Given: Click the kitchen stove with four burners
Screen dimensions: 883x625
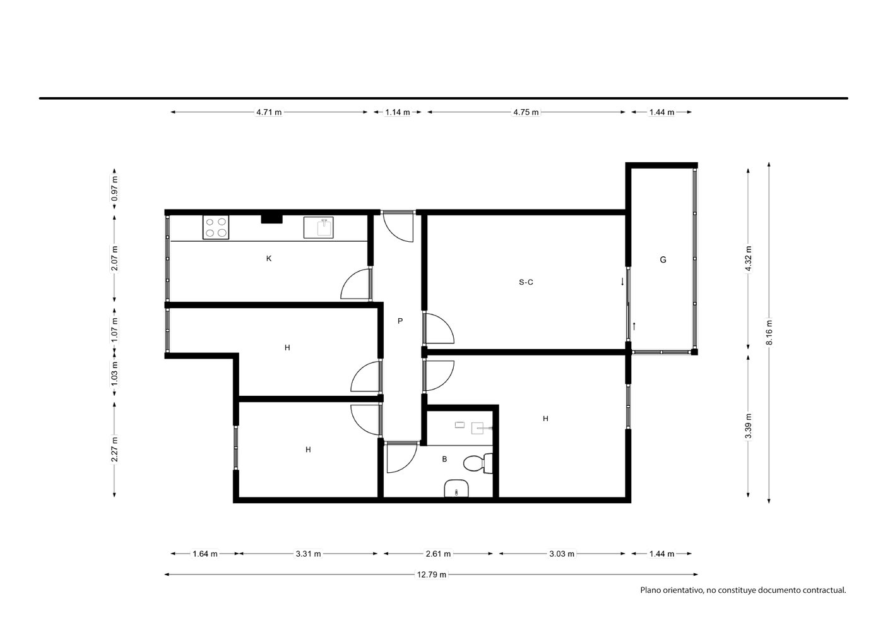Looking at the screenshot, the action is [x=216, y=227].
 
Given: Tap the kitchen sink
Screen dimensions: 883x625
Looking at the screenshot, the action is [x=319, y=227].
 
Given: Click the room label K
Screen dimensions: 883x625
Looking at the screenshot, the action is [x=269, y=259].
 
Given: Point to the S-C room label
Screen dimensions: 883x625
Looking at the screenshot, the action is [x=526, y=282].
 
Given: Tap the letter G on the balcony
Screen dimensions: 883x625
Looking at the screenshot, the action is [x=663, y=260].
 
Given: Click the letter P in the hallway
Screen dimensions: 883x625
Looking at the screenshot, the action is [x=400, y=321].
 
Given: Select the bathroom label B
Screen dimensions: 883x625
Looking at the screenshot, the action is [x=444, y=459].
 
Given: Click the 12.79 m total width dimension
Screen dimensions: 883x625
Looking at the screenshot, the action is [x=432, y=574].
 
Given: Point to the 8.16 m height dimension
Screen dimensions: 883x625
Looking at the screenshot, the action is [x=769, y=333].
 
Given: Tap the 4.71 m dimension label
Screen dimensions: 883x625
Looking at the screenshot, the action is [x=269, y=112].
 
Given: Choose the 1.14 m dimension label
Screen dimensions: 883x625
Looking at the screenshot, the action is [x=398, y=112].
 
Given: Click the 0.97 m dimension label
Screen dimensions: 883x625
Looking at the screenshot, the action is [x=114, y=188].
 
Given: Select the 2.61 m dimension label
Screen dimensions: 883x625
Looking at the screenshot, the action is [x=438, y=554].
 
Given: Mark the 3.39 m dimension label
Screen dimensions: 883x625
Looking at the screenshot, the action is [x=748, y=426].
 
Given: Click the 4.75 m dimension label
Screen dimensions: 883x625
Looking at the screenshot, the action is [x=526, y=112].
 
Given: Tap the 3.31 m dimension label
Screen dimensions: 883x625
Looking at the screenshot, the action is [x=308, y=554].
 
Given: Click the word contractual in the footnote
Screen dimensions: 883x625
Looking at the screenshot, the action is [x=824, y=590].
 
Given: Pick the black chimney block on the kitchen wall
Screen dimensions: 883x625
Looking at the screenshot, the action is [x=271, y=219].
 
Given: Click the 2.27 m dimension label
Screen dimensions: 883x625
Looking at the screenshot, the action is [x=114, y=449].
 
